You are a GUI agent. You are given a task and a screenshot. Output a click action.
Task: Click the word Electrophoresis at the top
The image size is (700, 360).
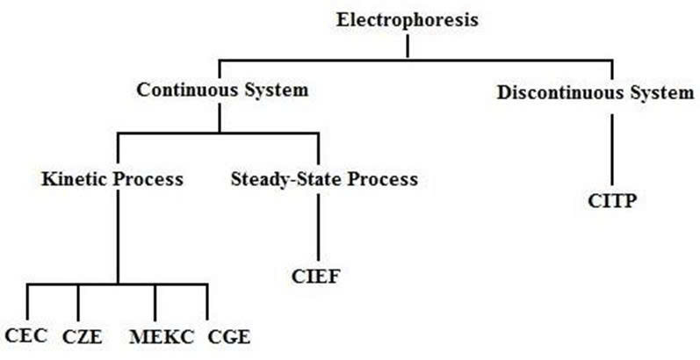click(x=408, y=19)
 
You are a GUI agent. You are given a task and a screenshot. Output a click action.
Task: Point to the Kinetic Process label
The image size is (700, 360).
click(x=112, y=180)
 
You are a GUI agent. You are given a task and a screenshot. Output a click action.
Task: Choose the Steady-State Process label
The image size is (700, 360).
click(x=323, y=180)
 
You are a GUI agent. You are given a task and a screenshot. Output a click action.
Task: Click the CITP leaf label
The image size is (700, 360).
click(x=611, y=200)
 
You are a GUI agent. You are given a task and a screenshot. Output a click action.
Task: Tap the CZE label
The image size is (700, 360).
click(x=81, y=335)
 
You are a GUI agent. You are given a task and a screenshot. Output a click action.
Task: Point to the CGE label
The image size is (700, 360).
click(x=228, y=335)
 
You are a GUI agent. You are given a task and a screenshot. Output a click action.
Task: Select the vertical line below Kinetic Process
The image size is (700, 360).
click(x=118, y=237)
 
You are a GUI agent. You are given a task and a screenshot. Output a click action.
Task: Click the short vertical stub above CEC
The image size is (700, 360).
click(x=27, y=303)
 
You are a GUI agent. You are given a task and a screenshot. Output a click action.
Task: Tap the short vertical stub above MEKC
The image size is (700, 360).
click(x=155, y=303)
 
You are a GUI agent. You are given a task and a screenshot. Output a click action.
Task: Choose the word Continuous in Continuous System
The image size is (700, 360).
click(x=180, y=90)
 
